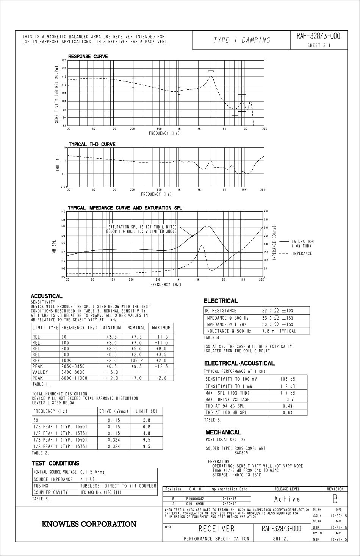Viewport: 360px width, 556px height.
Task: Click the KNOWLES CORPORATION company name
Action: tap(89, 524)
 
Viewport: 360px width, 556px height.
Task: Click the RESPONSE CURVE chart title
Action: tap(88, 56)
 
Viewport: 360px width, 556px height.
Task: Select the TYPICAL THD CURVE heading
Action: tap(92, 144)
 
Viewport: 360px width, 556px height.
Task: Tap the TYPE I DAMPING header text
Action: tap(242, 40)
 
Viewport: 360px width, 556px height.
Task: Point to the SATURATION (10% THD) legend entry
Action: tap(302, 244)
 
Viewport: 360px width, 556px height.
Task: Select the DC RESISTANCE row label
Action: tap(221, 311)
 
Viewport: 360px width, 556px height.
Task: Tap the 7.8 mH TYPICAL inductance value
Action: tap(279, 331)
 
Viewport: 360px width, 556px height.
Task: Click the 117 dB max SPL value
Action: tap(288, 393)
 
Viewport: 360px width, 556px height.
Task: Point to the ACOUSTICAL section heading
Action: tap(47, 296)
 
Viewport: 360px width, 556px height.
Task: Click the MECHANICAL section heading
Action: tap(223, 432)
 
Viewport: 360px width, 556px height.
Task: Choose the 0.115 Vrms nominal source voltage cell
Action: tap(92, 472)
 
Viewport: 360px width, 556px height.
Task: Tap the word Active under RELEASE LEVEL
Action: tap(287, 499)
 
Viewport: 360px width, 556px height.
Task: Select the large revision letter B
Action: tap(335, 499)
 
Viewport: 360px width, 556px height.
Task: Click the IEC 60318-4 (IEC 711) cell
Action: tap(101, 492)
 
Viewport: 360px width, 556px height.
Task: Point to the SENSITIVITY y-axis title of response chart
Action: tap(56, 93)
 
